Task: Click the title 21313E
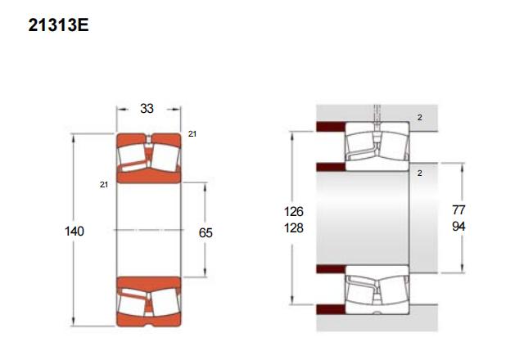pos(58,25)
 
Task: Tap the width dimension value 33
pos(147,109)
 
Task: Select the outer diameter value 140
pos(75,231)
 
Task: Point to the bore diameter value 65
pos(206,232)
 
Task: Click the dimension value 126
pos(293,211)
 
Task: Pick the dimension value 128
pos(293,228)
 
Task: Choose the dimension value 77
pos(458,210)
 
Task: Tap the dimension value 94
pos(458,227)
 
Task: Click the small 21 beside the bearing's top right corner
pos(192,134)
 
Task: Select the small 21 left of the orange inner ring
pos(104,185)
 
